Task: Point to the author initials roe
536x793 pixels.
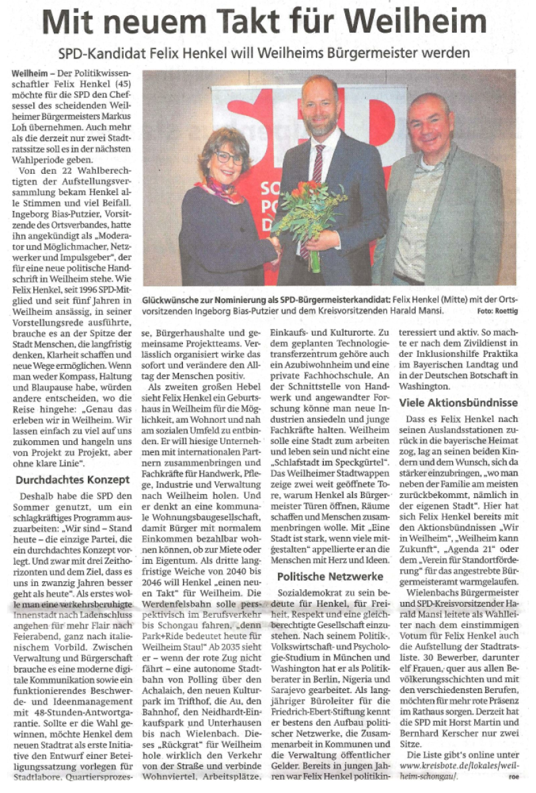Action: (512, 776)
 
